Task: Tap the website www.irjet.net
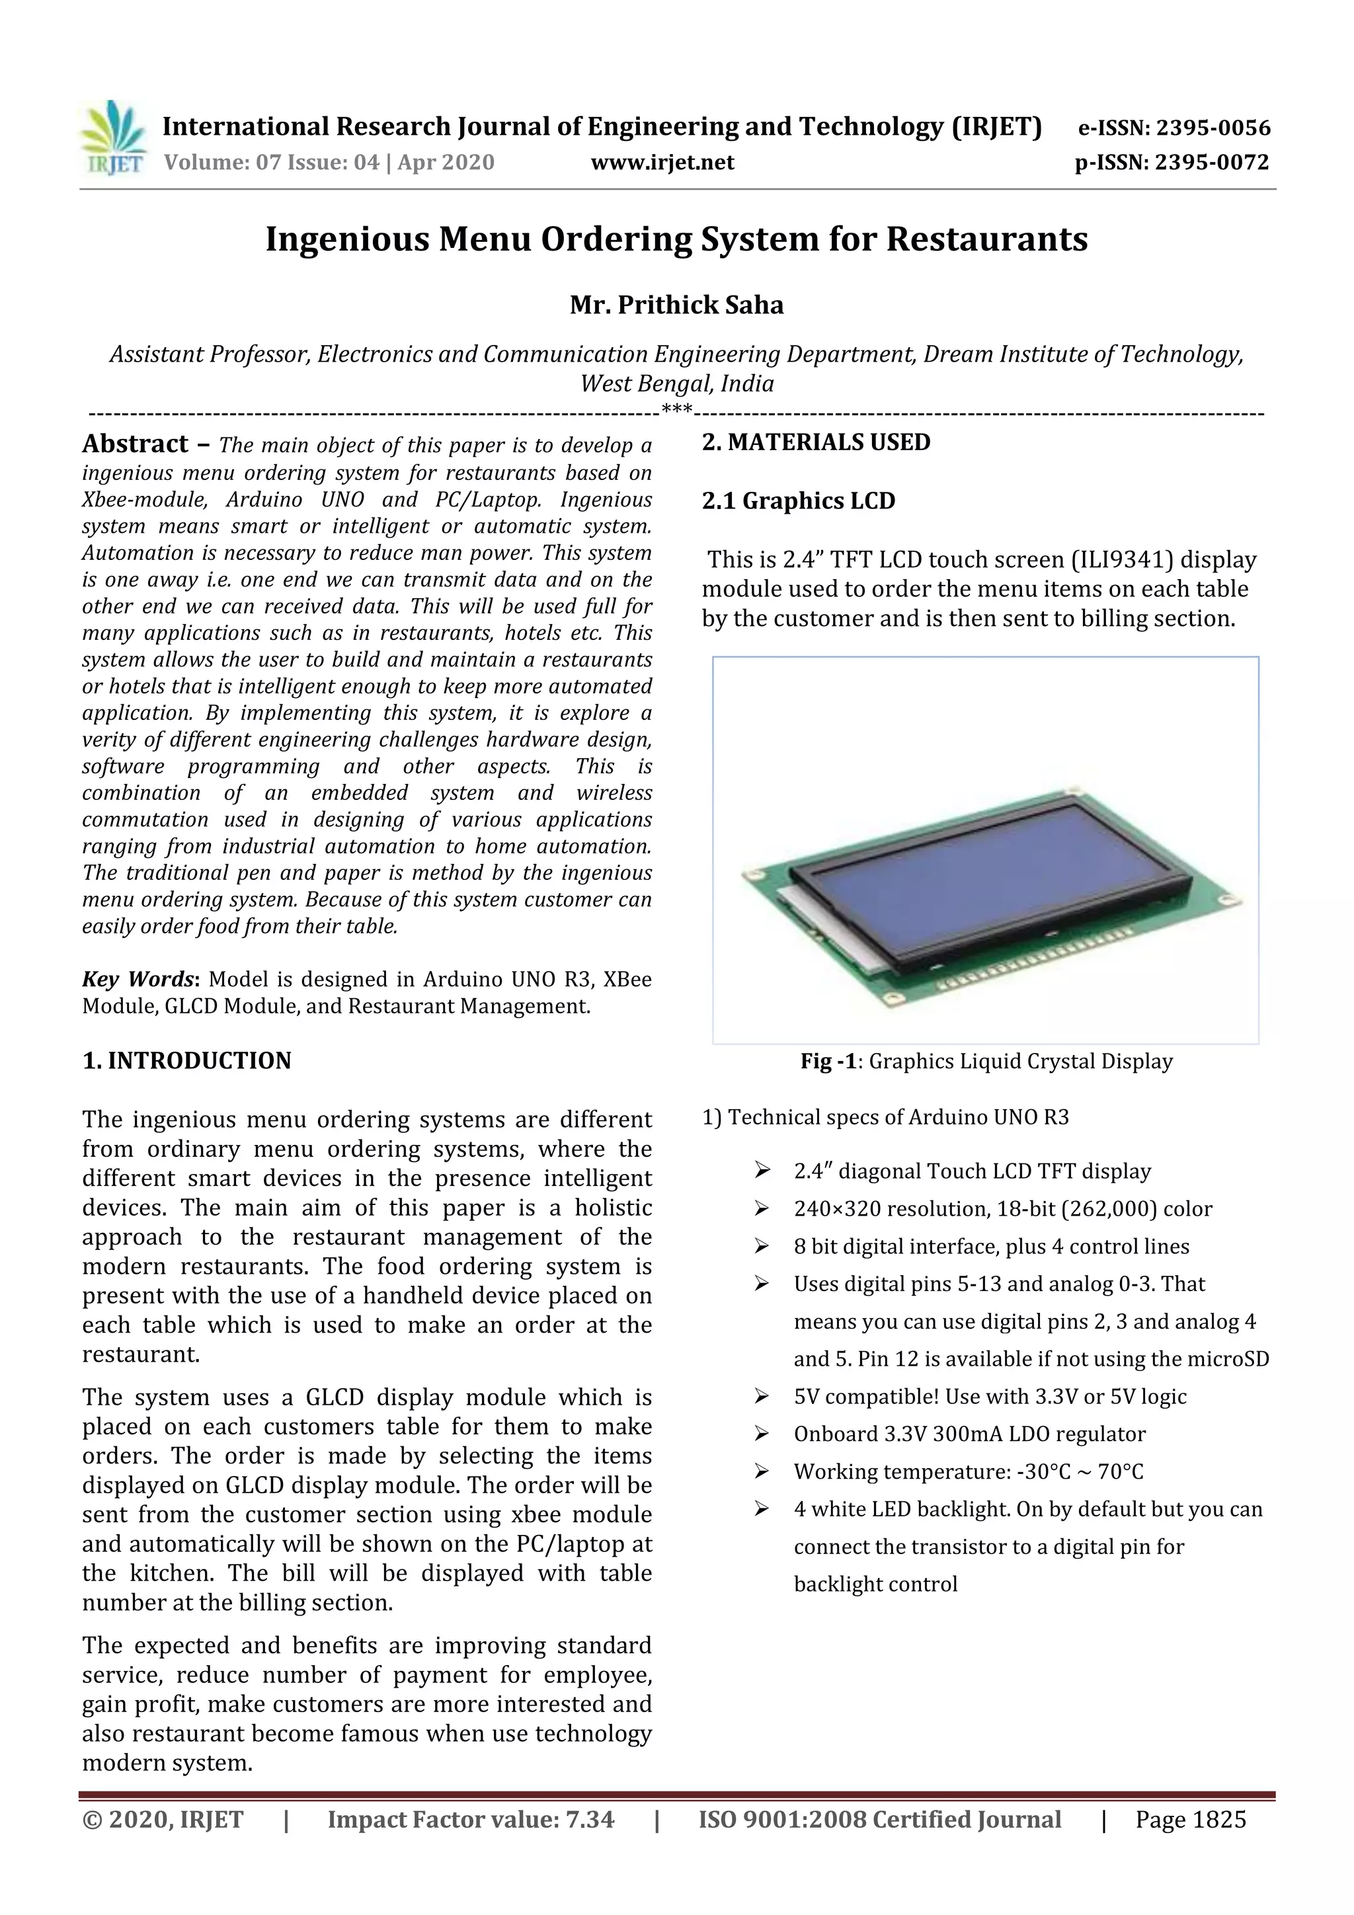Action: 662,163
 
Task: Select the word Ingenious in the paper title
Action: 347,239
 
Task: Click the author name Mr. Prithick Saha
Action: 676,305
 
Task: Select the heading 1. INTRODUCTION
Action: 187,1061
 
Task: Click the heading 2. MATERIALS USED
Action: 816,442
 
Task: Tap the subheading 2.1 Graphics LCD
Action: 799,501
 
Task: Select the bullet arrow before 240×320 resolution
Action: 761,1208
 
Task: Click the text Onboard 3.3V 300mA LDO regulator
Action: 969,1434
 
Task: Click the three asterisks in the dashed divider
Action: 676,410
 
